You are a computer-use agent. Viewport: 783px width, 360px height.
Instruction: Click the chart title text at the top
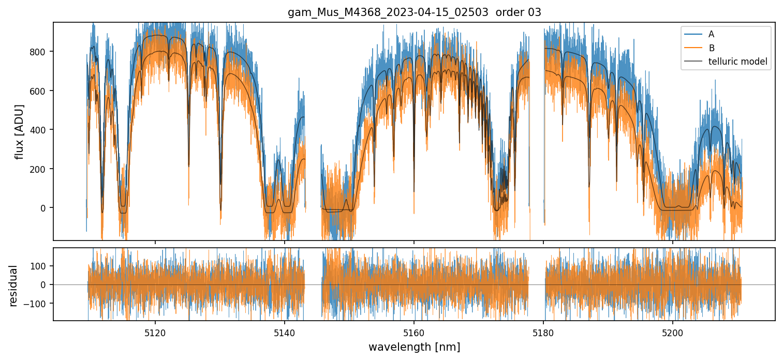414,12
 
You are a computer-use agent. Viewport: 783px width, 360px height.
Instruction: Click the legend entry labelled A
711,34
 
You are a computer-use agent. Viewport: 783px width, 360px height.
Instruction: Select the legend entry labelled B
711,48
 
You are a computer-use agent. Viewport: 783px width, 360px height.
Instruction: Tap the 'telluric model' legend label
737,63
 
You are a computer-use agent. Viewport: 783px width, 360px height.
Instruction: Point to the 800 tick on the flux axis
40,52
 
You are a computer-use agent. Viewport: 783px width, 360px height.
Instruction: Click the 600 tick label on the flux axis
40,91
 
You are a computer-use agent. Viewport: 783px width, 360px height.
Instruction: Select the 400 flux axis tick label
40,130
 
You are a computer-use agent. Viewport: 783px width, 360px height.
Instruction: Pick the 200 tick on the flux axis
40,169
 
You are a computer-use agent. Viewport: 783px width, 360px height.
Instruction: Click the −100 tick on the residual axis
39,303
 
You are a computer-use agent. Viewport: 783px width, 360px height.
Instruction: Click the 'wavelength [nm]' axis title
414,347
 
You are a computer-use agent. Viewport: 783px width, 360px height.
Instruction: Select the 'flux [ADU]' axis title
20,131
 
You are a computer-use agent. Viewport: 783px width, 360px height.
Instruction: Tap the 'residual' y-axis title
13,285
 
